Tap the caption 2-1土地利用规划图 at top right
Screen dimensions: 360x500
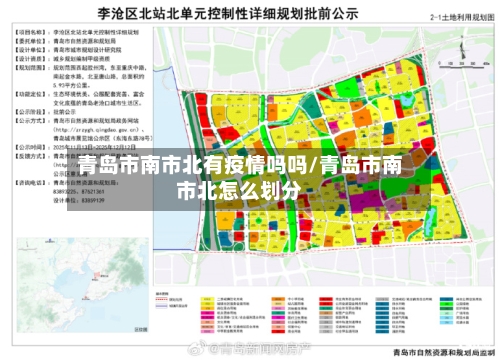(462, 17)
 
